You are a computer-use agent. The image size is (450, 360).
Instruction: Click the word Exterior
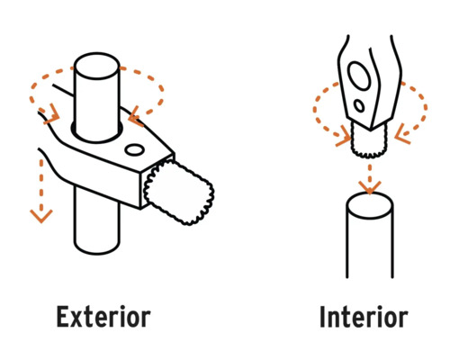(x=103, y=317)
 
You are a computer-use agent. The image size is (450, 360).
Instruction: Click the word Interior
(x=364, y=317)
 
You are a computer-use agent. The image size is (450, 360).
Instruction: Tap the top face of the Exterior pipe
(x=97, y=66)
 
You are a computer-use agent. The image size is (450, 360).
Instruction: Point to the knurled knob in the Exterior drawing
(x=179, y=192)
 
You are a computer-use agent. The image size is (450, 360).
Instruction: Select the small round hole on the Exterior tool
(x=134, y=149)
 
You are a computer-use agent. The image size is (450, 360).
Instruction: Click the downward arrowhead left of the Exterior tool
(x=41, y=216)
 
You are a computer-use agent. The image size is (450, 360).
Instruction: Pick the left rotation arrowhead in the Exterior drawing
(x=51, y=114)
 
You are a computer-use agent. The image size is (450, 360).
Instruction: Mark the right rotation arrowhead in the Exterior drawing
(x=136, y=115)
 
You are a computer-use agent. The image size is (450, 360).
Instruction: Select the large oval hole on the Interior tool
(x=359, y=76)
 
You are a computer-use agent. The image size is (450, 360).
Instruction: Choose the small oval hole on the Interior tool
(x=359, y=105)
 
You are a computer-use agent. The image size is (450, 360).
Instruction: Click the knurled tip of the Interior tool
(x=369, y=141)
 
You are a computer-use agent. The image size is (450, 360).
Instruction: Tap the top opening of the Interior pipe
(x=370, y=205)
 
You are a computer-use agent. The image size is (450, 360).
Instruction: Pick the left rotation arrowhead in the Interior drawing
(x=344, y=136)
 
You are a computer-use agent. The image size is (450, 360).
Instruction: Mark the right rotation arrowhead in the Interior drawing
(x=402, y=134)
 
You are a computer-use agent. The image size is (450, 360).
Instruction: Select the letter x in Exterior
(x=79, y=319)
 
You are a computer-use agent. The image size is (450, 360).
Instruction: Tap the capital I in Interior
(x=323, y=317)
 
